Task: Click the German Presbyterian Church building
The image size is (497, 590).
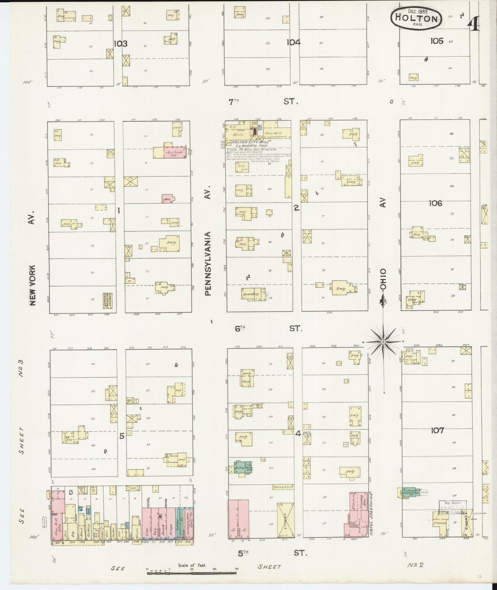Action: pos(109,301)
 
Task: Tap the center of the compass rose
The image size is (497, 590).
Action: pos(383,341)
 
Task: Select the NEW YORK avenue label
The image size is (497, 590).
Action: pos(33,285)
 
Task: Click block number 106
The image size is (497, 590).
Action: pos(435,203)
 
